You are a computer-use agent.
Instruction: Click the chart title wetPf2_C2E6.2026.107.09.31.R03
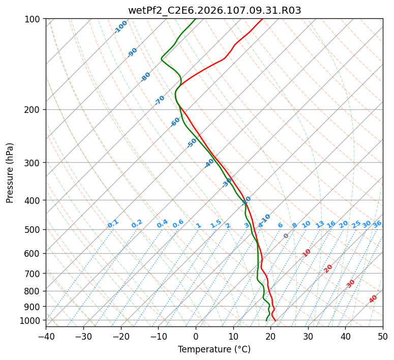coord(215,10)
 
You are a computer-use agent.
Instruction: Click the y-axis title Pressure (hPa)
coord(10,173)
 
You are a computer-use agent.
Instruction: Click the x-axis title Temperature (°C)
coord(215,349)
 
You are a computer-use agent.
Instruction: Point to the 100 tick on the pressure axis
coord(33,19)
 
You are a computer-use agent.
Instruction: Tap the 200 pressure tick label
coord(33,109)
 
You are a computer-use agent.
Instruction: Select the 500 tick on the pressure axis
coord(33,229)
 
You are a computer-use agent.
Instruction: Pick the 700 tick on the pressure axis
coord(33,274)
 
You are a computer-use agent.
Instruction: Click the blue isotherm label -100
coord(120,27)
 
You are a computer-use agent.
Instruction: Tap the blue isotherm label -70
coord(160,100)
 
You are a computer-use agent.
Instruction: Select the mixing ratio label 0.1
coord(113,224)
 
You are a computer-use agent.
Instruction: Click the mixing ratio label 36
coord(377,224)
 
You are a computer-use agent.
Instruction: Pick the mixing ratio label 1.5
coord(216,224)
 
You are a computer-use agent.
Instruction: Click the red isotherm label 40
coord(373,299)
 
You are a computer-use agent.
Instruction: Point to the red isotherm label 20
coord(328,268)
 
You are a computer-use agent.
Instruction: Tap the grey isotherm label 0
coord(286,236)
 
